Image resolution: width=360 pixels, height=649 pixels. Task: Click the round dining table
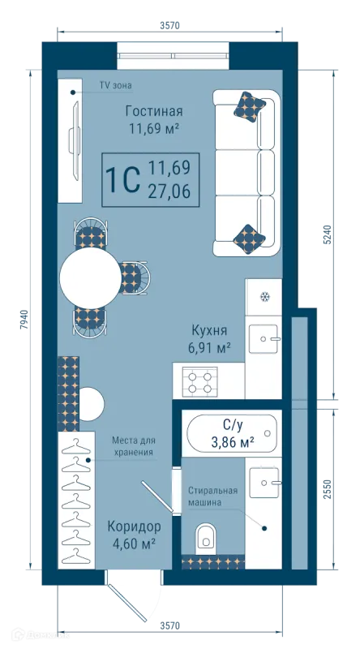tap(91, 277)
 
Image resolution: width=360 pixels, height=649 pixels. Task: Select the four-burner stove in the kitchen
tap(199, 382)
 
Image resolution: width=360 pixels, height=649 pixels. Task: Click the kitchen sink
tap(264, 338)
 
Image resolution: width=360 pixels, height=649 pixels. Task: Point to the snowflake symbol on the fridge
tap(264, 296)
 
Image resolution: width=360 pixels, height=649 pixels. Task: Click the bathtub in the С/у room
tap(231, 433)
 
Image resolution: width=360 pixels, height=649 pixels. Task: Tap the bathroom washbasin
tap(264, 483)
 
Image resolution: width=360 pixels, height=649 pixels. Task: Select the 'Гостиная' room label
tap(154, 111)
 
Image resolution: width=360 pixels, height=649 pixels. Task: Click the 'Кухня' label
tap(209, 331)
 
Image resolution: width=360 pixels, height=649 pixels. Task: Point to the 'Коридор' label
tap(134, 527)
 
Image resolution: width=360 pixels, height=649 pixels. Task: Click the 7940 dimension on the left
tap(25, 319)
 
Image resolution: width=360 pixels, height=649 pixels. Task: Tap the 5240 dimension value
tap(328, 234)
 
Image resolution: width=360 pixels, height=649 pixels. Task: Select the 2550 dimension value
tap(328, 489)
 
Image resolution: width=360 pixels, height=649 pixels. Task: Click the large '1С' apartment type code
tap(122, 179)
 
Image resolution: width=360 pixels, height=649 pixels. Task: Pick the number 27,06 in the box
tap(169, 191)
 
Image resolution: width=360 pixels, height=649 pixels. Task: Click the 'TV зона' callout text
tap(115, 86)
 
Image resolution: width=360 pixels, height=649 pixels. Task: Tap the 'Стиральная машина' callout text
tap(213, 496)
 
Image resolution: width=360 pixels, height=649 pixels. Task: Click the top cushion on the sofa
tap(250, 106)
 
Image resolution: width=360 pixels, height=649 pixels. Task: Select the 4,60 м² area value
tap(134, 543)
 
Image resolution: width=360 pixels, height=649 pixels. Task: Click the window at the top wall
tap(173, 56)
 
